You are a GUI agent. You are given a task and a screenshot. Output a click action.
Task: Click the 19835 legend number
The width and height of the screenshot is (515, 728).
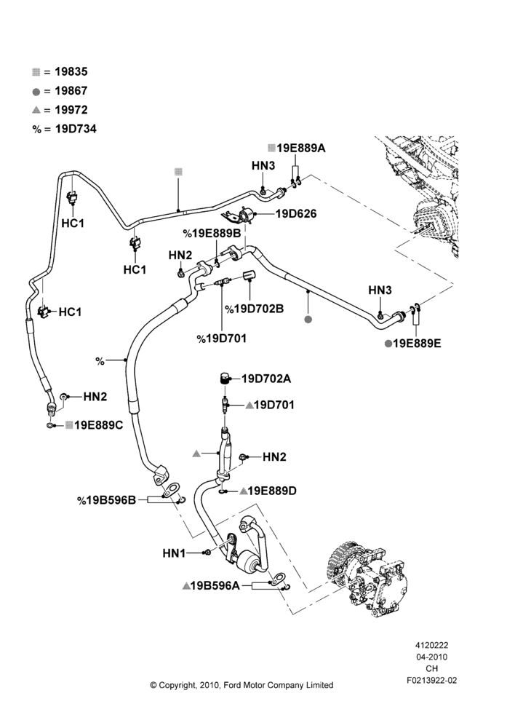71,71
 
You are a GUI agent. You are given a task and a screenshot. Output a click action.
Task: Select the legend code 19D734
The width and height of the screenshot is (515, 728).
76,129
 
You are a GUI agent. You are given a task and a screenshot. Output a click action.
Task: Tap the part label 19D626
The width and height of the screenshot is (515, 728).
296,213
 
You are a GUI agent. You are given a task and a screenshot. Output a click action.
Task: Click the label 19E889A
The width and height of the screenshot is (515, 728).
301,148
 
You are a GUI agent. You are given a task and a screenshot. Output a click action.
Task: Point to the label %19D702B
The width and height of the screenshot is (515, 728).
255,309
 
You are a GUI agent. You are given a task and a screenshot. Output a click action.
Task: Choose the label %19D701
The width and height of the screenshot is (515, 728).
222,339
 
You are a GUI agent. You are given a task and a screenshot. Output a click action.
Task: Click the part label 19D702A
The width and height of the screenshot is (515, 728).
266,379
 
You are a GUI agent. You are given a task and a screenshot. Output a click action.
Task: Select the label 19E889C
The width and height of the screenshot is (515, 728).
99,425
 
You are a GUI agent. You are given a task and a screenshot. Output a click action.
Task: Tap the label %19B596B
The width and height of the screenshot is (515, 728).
107,500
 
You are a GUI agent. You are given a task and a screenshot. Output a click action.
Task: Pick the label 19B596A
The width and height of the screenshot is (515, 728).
215,586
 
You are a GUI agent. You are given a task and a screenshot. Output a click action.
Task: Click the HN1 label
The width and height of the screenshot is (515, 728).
174,553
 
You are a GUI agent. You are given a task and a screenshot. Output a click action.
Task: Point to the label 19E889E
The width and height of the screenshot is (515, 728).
417,344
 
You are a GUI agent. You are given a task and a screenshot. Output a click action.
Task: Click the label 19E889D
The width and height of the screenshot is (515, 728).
272,491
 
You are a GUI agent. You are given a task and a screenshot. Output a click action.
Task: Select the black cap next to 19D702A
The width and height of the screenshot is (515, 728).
225,378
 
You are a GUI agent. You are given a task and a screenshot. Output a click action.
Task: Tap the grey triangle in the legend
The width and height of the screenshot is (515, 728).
36,110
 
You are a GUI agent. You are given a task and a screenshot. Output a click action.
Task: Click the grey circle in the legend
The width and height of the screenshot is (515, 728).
36,92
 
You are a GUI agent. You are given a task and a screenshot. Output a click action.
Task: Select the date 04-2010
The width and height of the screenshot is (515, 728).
431,657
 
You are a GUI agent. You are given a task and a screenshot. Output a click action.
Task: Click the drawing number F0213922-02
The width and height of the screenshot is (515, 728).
431,680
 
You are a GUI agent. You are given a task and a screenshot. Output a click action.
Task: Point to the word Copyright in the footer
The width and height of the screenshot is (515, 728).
177,685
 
